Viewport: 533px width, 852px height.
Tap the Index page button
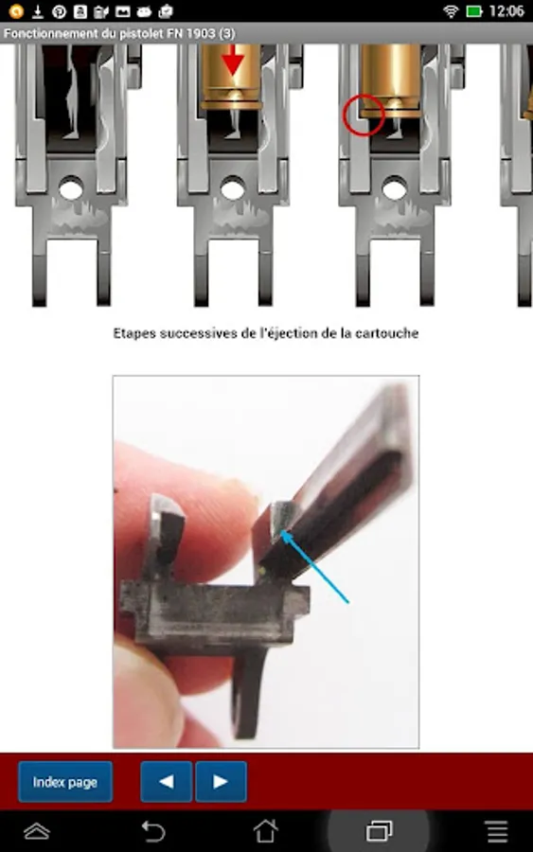65,782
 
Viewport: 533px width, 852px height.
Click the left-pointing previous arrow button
167,782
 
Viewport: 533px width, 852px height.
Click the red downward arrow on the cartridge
233,60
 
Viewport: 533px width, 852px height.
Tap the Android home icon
266,831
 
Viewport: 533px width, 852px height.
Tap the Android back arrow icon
153,831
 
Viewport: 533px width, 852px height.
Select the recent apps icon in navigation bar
380,831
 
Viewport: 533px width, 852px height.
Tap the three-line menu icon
497,831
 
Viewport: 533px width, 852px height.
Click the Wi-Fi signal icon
451,10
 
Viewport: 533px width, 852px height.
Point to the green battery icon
474,10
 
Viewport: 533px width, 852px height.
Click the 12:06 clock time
506,10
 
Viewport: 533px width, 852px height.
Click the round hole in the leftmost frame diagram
71,189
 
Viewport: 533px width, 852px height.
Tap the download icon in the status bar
38,10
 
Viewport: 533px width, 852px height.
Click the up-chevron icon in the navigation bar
37,831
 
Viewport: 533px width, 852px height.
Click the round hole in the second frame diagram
233,189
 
